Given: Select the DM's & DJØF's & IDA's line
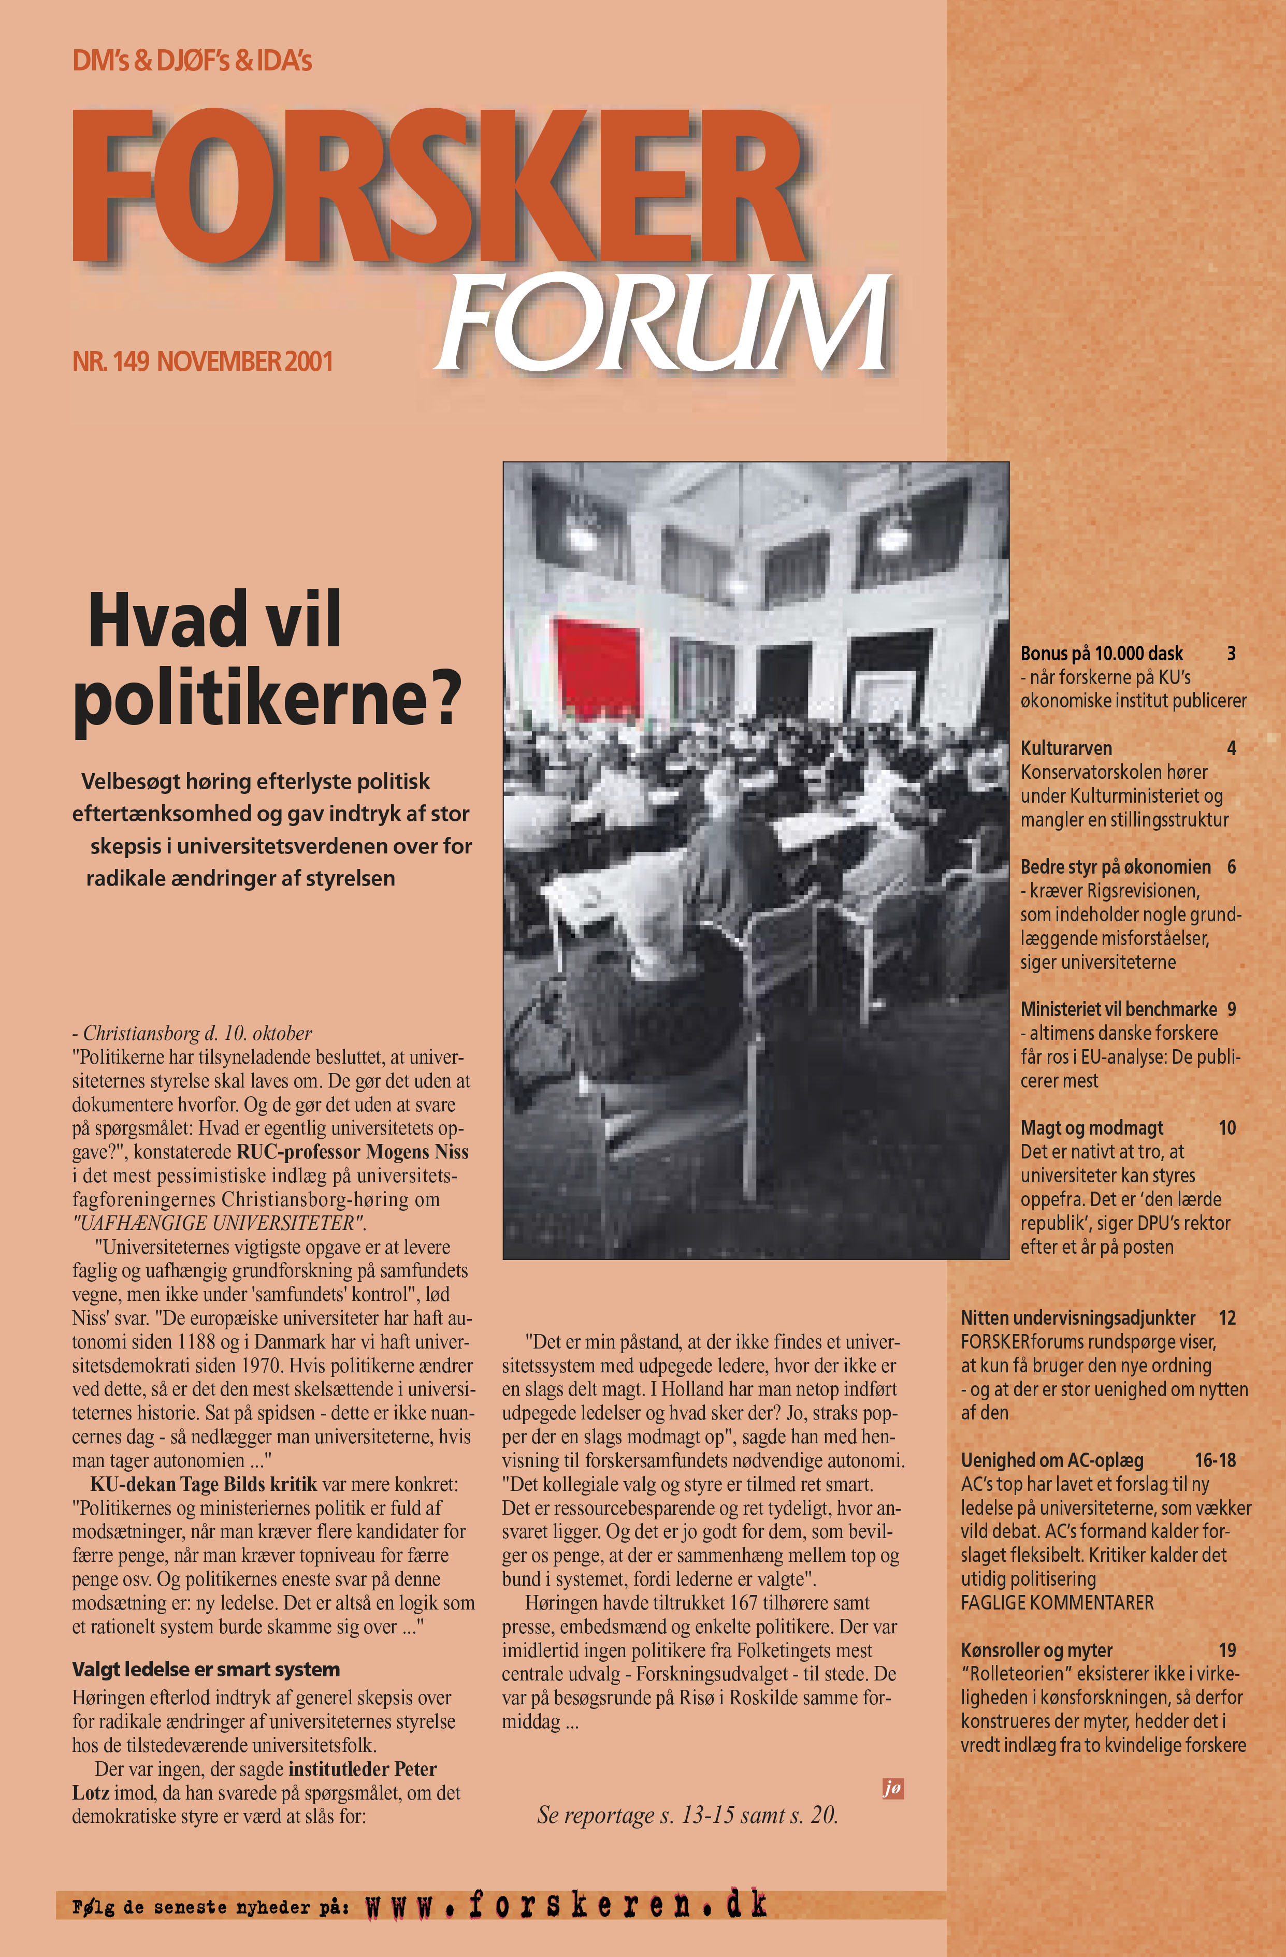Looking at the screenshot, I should point(192,61).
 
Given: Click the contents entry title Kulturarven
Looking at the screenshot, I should point(1066,748).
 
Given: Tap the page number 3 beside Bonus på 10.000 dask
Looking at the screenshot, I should point(1231,654).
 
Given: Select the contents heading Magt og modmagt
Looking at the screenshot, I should point(1092,1127).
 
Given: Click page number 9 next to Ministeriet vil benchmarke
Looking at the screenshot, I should point(1231,1009).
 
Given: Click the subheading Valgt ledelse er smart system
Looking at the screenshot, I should point(206,1669).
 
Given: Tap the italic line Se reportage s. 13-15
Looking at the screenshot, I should point(687,1814).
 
